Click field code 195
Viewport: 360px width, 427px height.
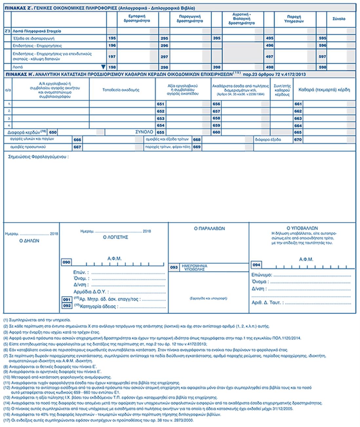click(x=112, y=38)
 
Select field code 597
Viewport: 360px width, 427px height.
click(x=322, y=56)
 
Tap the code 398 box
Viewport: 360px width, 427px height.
click(x=217, y=67)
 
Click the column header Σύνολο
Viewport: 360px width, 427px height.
click(x=339, y=19)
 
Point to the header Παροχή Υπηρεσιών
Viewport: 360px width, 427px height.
click(x=294, y=19)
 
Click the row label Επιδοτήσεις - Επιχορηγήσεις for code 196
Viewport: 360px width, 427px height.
click(x=37, y=46)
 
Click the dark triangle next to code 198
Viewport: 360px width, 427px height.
click(x=103, y=67)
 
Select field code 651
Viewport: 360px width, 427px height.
click(x=161, y=104)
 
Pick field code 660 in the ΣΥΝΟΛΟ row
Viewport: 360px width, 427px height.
click(x=216, y=132)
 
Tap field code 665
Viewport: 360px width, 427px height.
click(x=298, y=132)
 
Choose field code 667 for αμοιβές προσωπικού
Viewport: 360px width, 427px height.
click(x=77, y=147)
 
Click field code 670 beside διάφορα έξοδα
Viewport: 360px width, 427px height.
click(x=298, y=140)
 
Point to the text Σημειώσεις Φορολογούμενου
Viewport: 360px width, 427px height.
click(x=38, y=157)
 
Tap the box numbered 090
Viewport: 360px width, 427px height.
click(x=66, y=262)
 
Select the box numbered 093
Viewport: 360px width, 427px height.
click(x=174, y=267)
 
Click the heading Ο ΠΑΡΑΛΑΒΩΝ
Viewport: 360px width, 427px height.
click(x=209, y=229)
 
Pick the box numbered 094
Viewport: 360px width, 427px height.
click(x=256, y=265)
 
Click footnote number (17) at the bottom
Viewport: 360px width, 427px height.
click(x=6, y=420)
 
